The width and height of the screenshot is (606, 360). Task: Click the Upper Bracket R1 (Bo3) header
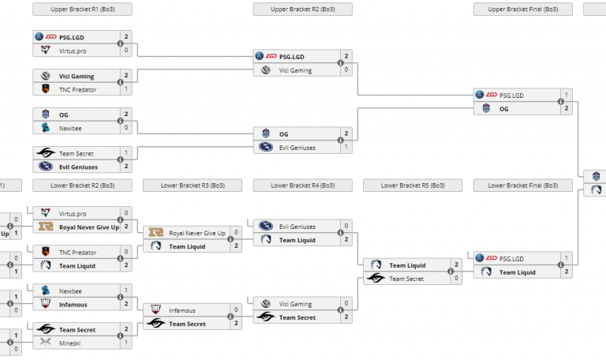click(82, 9)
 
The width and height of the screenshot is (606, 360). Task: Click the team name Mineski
click(70, 343)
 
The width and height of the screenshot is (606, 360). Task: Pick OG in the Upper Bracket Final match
click(504, 108)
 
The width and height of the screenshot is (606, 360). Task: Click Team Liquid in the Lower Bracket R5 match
click(407, 265)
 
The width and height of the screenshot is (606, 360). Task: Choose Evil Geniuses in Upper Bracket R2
click(297, 147)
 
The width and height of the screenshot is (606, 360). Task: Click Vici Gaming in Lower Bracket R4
click(295, 304)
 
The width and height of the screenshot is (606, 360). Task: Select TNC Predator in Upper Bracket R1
click(77, 90)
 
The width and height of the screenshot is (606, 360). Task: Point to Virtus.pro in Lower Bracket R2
click(73, 213)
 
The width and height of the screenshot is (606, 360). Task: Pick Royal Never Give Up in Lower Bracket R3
click(196, 233)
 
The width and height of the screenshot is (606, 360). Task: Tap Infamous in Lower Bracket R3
click(182, 310)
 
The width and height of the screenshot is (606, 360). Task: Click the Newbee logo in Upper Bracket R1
click(45, 127)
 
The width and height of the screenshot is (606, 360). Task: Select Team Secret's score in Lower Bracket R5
click(455, 279)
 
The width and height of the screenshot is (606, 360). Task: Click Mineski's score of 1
click(126, 343)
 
